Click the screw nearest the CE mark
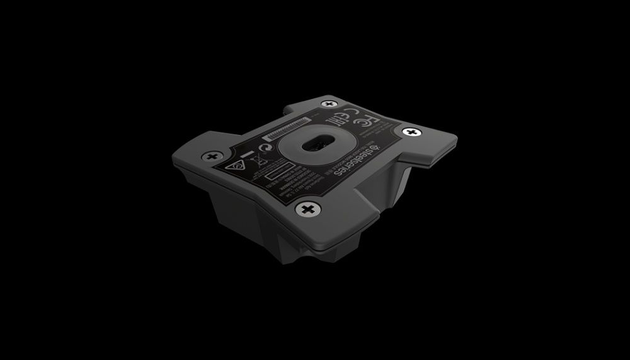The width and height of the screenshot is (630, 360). tap(328, 103)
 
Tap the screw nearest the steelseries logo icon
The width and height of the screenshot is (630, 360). tap(412, 132)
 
